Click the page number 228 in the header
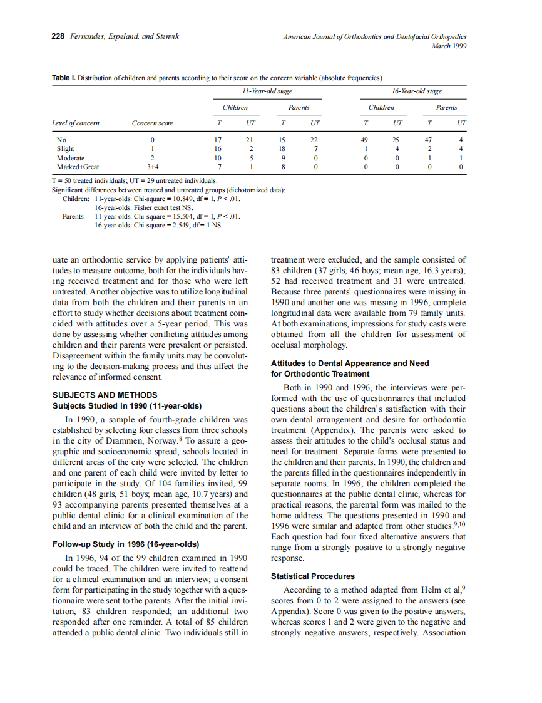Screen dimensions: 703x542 [58, 36]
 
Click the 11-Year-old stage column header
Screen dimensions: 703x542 [267, 91]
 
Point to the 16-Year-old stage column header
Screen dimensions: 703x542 [416, 91]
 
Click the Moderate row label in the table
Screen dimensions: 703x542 [70, 158]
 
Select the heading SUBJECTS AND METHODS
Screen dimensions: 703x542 [105, 395]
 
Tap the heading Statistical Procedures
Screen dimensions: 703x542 [312, 576]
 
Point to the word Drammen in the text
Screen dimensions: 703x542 [148, 440]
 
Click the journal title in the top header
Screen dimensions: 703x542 [375, 36]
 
